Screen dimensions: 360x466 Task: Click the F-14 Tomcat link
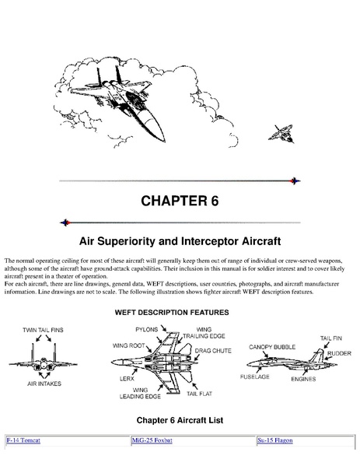23,440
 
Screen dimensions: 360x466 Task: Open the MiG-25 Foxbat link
152,440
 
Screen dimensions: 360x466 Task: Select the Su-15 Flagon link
275,440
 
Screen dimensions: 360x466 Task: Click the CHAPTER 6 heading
180,201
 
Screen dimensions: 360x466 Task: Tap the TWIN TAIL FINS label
43,330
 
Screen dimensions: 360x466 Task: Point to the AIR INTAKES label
44,384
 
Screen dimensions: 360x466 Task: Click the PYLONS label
147,330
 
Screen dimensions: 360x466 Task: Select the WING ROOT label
128,345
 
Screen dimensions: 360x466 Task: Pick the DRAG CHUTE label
213,351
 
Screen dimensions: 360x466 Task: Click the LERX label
127,379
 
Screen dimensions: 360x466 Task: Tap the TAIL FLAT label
199,394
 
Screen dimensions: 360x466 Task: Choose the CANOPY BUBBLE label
272,347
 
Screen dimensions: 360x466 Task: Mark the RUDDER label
339,353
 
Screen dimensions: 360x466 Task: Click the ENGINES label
303,379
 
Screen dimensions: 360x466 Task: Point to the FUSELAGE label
255,377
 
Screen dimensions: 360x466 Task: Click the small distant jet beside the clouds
281,134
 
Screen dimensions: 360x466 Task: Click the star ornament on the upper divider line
295,180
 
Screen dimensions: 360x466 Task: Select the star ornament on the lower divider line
65,222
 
